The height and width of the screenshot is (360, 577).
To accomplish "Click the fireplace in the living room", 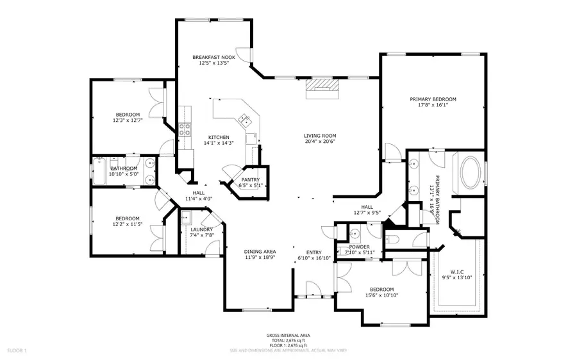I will [321, 88].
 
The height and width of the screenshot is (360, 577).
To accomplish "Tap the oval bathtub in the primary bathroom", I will [472, 171].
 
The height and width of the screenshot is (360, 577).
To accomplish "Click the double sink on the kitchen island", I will [246, 119].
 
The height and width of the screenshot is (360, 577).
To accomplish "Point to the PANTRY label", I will [250, 180].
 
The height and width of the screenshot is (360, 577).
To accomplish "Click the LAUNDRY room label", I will [201, 229].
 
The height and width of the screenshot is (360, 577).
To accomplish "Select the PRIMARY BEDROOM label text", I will [433, 99].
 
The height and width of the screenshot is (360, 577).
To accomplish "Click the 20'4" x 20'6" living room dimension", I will [320, 142].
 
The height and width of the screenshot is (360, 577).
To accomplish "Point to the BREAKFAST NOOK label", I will [213, 57].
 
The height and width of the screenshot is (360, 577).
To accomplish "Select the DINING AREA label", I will [260, 252].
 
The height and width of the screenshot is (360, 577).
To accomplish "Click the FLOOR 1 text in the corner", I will [17, 350].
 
